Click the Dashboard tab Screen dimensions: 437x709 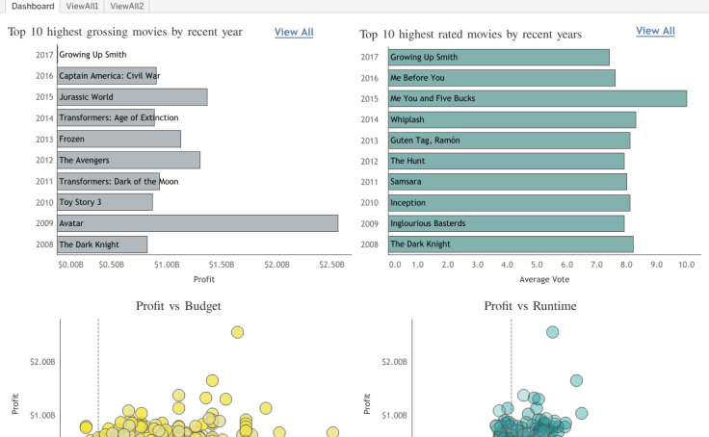coord(33,6)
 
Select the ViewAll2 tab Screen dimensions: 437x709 coord(127,6)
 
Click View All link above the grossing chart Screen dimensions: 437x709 coord(294,32)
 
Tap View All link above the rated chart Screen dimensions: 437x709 coord(655,31)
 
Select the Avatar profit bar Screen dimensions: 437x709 coord(197,223)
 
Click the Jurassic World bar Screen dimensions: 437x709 coord(132,97)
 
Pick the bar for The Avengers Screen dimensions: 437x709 coord(128,160)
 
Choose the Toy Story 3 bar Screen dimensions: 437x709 coord(104,202)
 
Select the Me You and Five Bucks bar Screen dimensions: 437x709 coord(537,98)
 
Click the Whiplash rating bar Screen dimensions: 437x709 coord(511,119)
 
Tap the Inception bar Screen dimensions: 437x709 coord(508,203)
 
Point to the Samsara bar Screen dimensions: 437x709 coord(507,181)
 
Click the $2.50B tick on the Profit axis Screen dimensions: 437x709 coord(330,263)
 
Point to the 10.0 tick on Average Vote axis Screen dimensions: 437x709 coord(687,263)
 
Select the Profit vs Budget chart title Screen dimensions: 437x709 coord(178,306)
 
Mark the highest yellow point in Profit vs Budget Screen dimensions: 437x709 coord(237,332)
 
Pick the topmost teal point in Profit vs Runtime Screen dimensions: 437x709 coord(552,332)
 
